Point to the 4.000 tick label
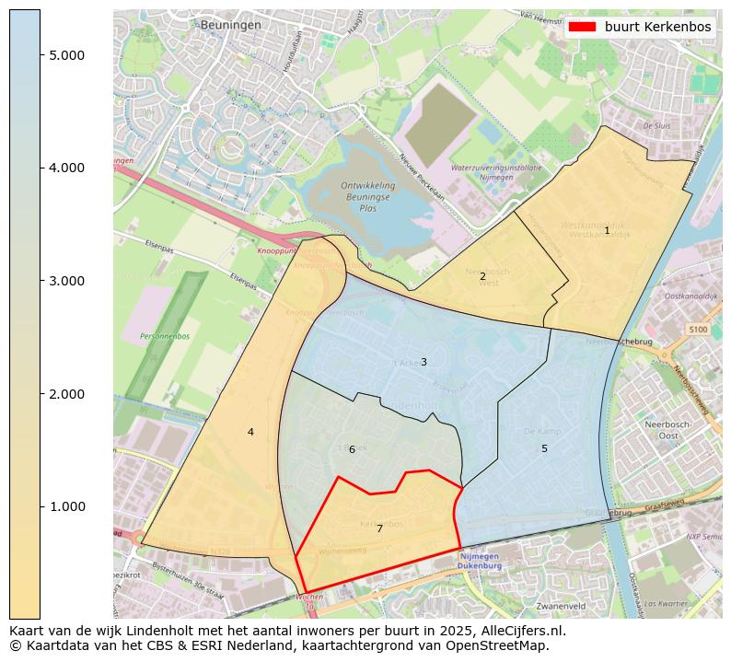tap(66, 168)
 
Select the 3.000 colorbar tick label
tap(66, 281)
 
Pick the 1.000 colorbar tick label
tap(66, 507)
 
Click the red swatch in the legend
tap(583, 27)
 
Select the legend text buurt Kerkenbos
tap(657, 27)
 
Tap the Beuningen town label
tap(231, 25)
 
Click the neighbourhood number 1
tap(607, 230)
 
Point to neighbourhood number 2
tap(482, 276)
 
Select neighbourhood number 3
tap(424, 362)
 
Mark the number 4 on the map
tap(250, 432)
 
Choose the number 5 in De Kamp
tap(544, 448)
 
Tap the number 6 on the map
tap(352, 449)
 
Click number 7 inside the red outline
tap(379, 528)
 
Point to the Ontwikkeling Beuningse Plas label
tap(369, 196)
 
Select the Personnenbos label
tap(165, 337)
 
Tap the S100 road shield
tap(698, 329)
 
